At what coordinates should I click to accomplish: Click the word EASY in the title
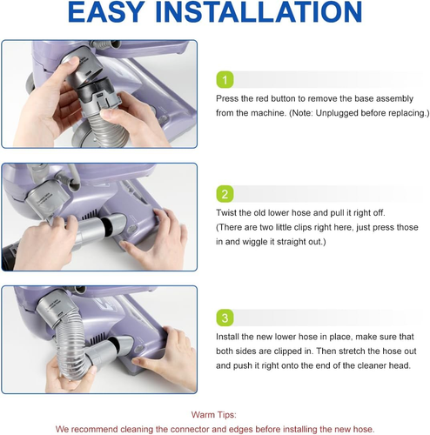106,12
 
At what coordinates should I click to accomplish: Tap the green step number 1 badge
225,80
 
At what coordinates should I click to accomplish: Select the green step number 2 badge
225,194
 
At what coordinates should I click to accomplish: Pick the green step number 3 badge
225,318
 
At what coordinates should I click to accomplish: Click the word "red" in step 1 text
262,98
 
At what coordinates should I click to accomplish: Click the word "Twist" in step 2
225,213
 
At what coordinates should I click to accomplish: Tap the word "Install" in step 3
227,337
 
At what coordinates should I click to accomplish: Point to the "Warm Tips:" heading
214,415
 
